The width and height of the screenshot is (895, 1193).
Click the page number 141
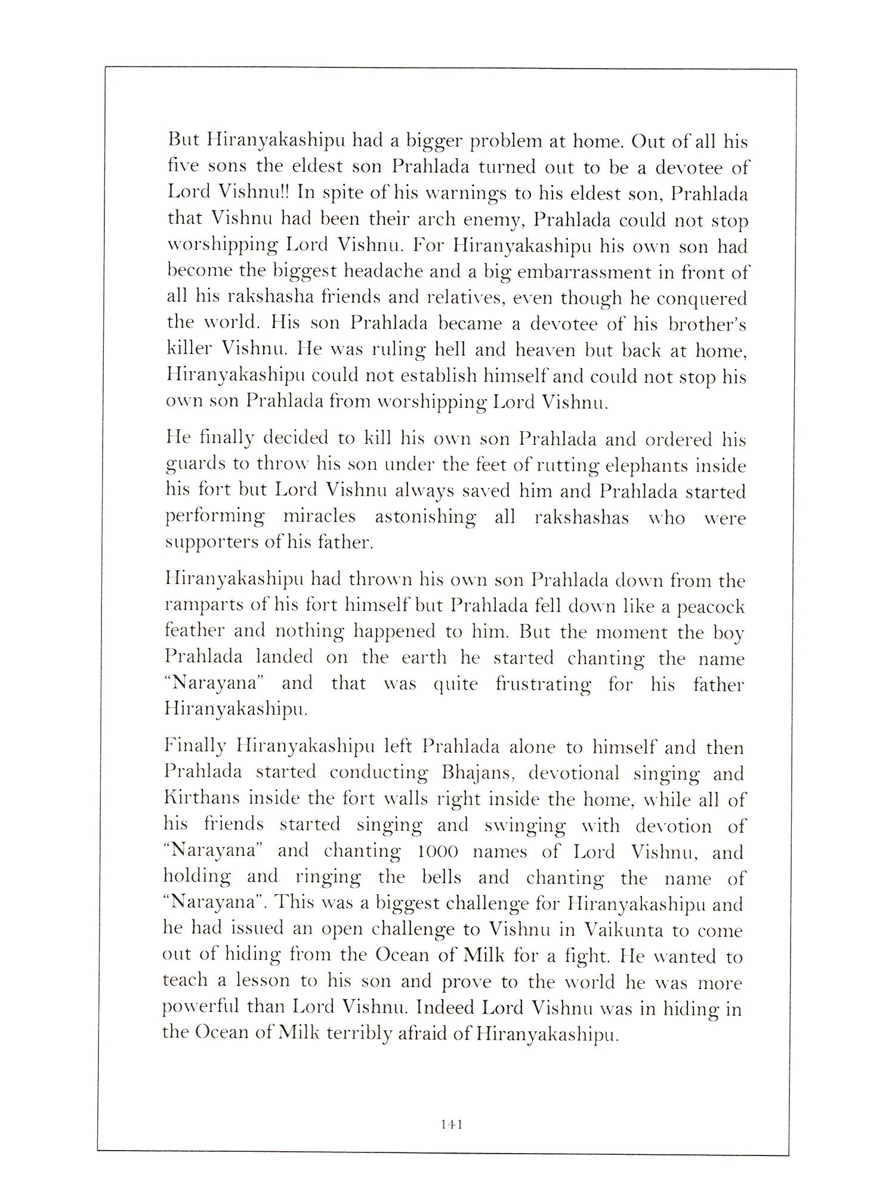tap(452, 1124)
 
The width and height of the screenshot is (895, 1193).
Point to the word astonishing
tap(425, 517)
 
